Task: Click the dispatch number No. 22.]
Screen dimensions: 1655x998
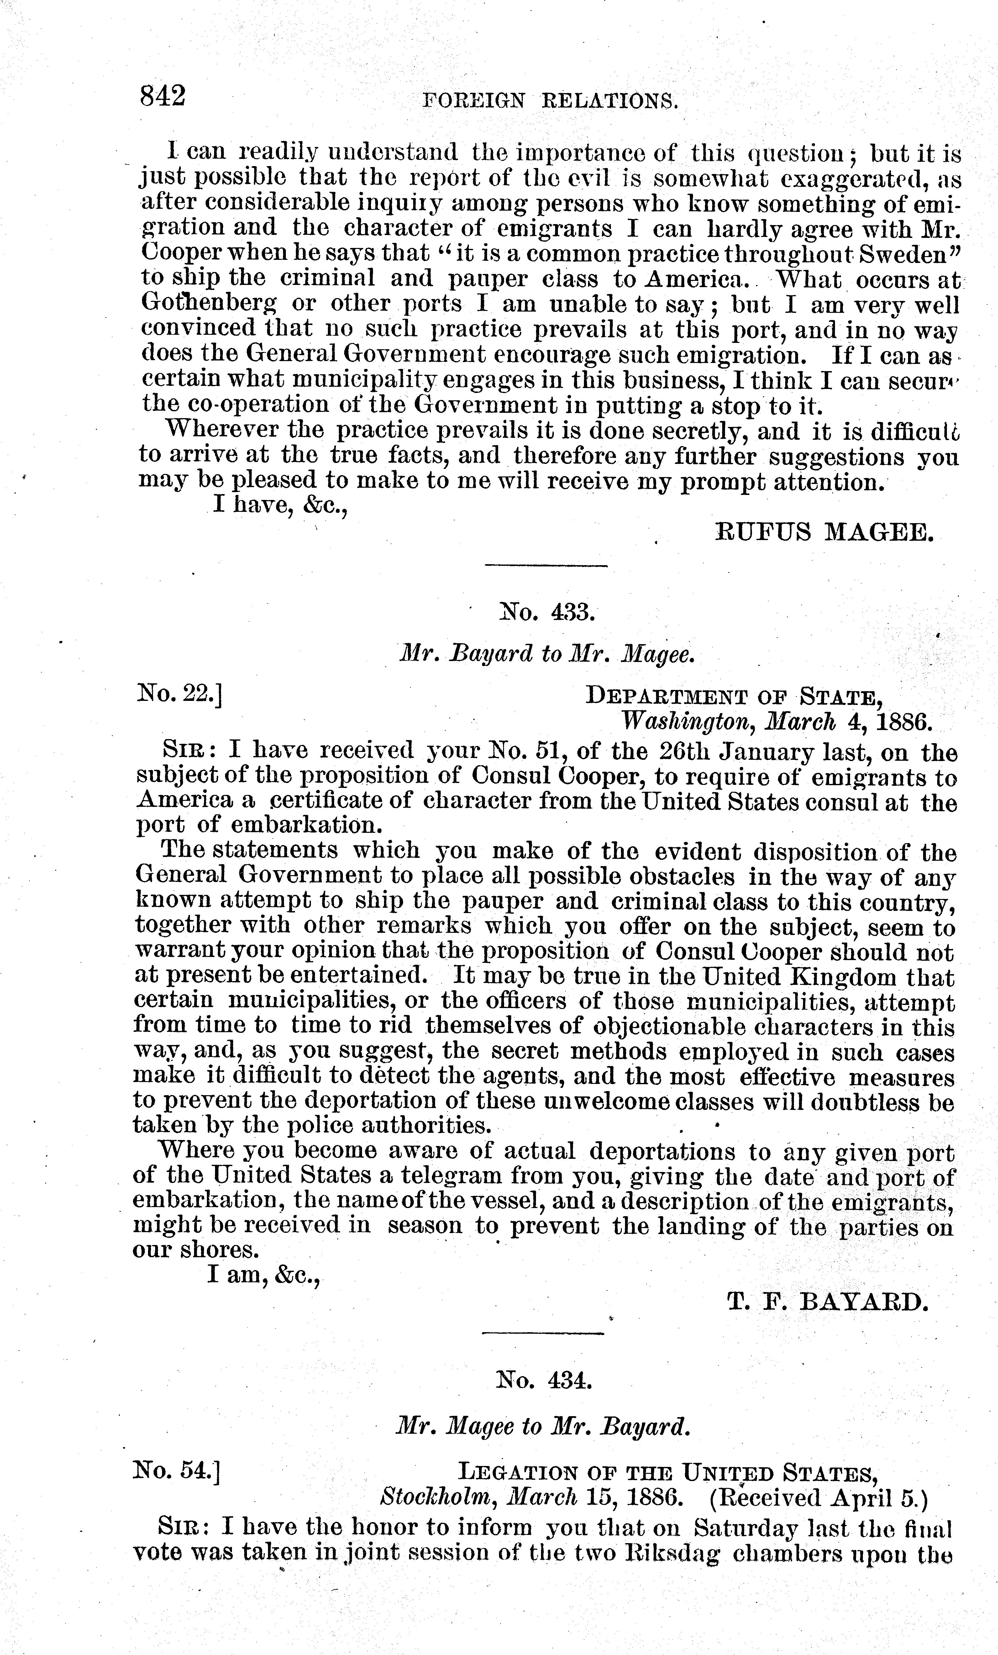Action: [x=179, y=692]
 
